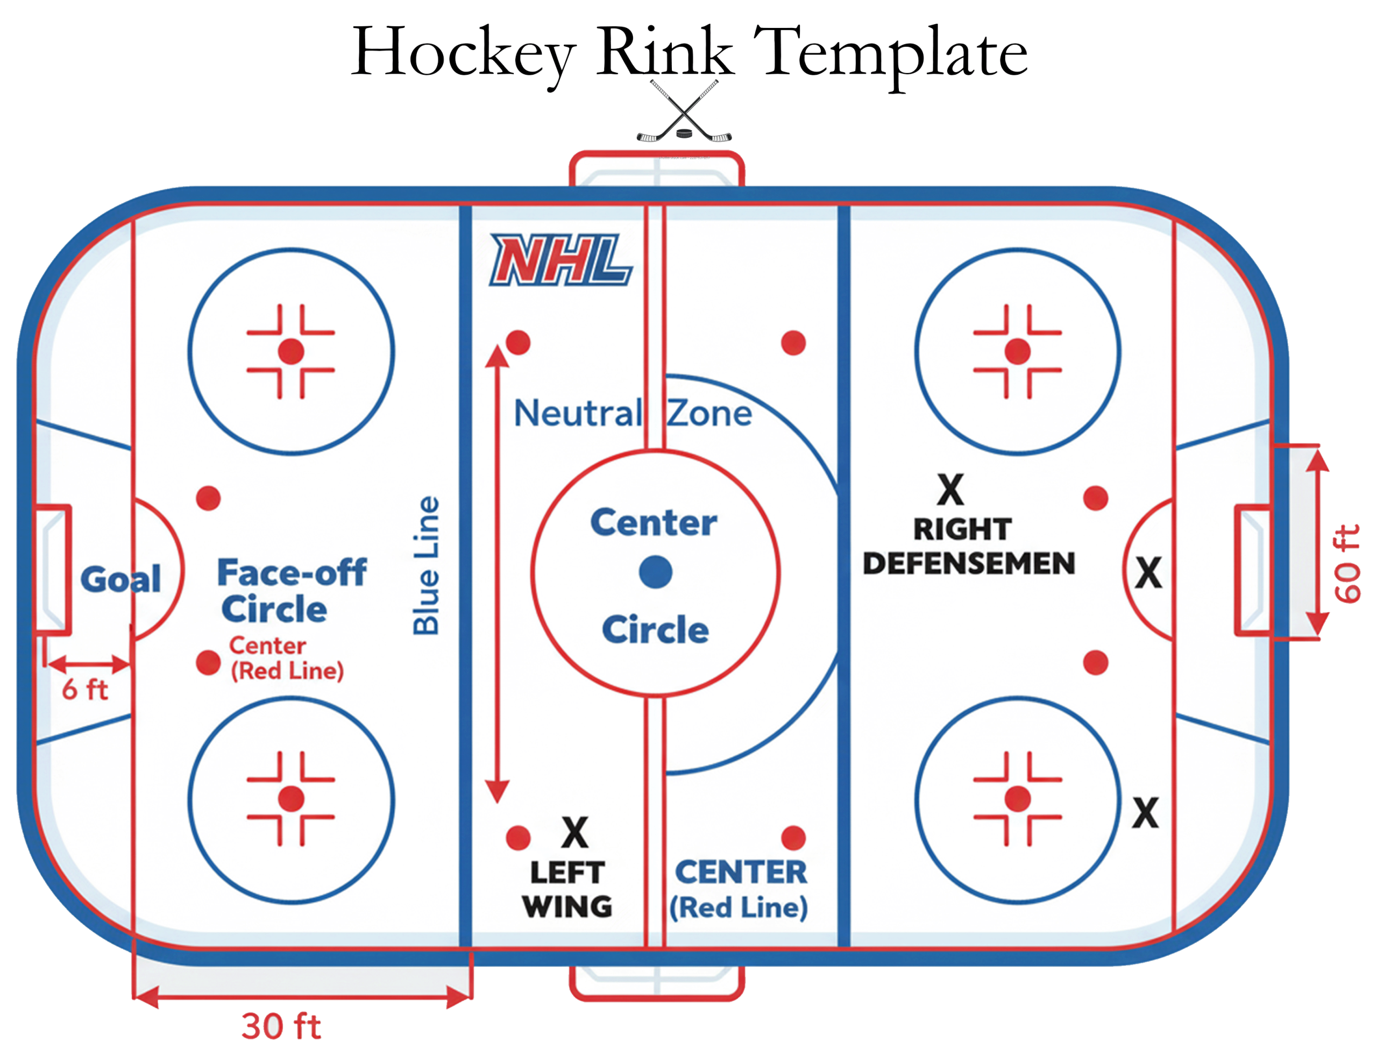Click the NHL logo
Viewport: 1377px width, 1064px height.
pos(560,260)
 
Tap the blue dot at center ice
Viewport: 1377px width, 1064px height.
pos(655,572)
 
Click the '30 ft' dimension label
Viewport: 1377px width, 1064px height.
pos(281,1026)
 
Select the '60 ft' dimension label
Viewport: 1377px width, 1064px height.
pos(1347,563)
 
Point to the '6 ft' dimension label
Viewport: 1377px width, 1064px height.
pos(84,690)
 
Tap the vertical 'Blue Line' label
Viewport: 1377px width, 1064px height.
pos(426,565)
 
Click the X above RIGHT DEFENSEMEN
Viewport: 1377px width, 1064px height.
pos(950,490)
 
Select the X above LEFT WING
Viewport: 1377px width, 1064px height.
pos(574,833)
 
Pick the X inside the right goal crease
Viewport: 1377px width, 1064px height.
pos(1148,573)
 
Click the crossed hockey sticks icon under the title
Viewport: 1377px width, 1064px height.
pos(684,112)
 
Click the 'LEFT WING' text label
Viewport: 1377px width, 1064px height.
pos(567,889)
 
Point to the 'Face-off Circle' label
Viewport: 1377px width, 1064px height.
pos(292,591)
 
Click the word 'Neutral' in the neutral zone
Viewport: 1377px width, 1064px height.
pos(578,414)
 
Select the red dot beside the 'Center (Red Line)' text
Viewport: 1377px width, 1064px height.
pos(208,663)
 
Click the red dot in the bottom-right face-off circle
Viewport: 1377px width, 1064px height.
pos(1017,798)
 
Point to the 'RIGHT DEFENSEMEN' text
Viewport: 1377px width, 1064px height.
pos(968,546)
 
